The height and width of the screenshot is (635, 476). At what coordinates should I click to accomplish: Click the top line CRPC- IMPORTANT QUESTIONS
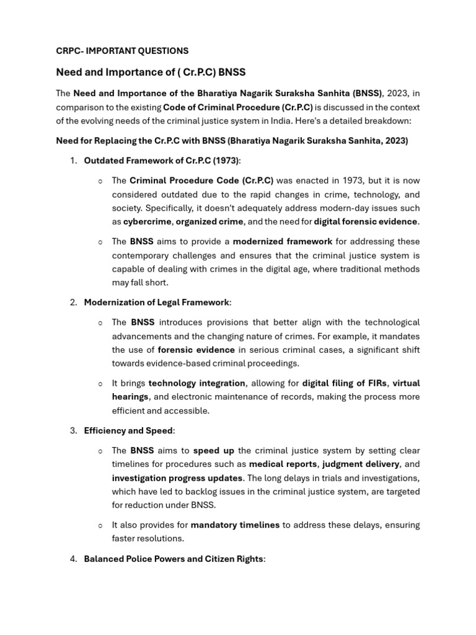[x=122, y=51]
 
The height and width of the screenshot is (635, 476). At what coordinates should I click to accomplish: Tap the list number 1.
[x=73, y=161]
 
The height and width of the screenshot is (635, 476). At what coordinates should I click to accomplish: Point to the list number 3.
[x=73, y=430]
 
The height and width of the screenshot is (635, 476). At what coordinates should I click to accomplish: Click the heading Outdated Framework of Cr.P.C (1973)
[x=161, y=161]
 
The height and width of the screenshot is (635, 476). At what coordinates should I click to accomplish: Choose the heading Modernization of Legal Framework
[x=157, y=302]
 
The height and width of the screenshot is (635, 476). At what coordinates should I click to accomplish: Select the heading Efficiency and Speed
[x=128, y=430]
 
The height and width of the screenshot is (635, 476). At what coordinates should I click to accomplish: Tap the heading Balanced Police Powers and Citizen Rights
[x=174, y=559]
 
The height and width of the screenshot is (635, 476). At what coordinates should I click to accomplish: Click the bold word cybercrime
[x=148, y=221]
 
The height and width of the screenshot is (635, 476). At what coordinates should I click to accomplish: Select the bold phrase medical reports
[x=283, y=464]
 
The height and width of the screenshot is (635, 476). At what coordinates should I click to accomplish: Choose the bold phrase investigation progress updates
[x=177, y=477]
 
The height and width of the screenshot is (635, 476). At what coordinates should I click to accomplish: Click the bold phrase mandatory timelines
[x=235, y=525]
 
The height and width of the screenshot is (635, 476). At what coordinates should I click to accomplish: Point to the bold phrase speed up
[x=213, y=450]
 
